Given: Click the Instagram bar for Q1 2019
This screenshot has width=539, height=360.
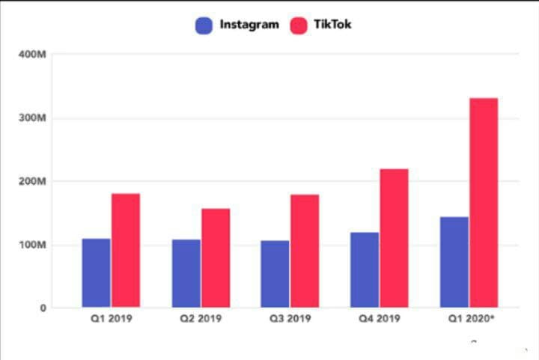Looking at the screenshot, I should pyautogui.click(x=97, y=272).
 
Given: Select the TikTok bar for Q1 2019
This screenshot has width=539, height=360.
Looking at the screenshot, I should pyautogui.click(x=126, y=250).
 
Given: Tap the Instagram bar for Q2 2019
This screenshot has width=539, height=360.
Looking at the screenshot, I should pyautogui.click(x=186, y=273).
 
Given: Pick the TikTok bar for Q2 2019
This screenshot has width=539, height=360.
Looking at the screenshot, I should pyautogui.click(x=216, y=257).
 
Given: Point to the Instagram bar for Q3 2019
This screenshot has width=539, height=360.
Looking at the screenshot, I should pyautogui.click(x=275, y=273).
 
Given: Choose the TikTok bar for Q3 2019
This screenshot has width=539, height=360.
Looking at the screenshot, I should pyautogui.click(x=305, y=251).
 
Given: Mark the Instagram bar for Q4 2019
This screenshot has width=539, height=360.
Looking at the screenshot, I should pyautogui.click(x=365, y=269).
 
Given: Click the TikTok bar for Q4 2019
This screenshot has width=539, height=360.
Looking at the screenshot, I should pyautogui.click(x=395, y=238).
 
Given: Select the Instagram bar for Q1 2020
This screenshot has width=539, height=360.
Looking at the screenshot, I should pyautogui.click(x=454, y=262).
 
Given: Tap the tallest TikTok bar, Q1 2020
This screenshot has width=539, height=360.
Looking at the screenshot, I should pyautogui.click(x=484, y=202).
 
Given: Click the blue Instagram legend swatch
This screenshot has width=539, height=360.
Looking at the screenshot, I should pyautogui.click(x=204, y=25).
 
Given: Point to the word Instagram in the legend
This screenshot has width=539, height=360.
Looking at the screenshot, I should pyautogui.click(x=249, y=25).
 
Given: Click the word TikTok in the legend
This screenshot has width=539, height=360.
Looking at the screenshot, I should pyautogui.click(x=333, y=25).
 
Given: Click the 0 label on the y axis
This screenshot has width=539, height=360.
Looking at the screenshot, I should pyautogui.click(x=42, y=308).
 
